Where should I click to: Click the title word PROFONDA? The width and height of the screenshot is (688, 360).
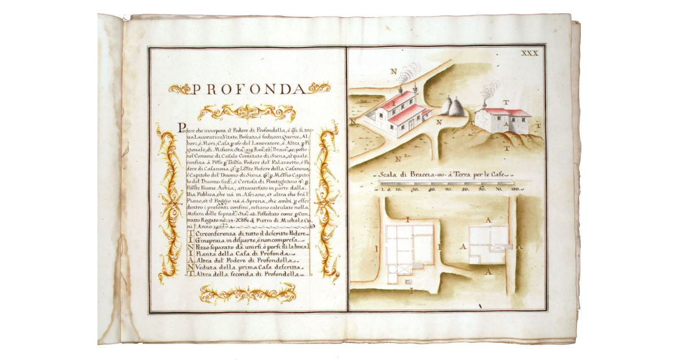[247, 89]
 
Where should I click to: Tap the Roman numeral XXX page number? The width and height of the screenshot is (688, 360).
[529, 53]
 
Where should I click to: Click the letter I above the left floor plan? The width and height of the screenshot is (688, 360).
[406, 218]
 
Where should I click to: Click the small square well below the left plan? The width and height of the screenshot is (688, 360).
[408, 282]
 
